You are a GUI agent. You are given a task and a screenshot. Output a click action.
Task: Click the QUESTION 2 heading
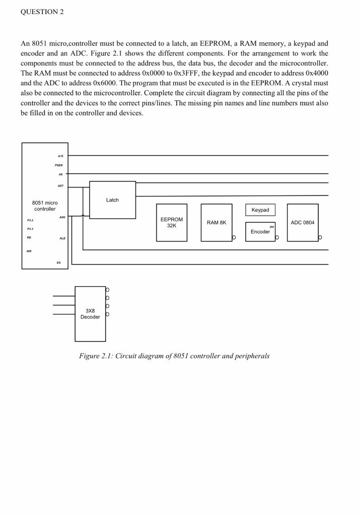tap(42, 12)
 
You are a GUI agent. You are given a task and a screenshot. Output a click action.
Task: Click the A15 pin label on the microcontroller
tap(61, 156)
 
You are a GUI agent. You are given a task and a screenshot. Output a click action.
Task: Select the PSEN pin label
tap(60, 164)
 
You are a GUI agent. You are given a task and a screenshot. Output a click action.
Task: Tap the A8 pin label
tap(61, 173)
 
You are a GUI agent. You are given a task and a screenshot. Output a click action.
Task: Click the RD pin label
tap(29, 238)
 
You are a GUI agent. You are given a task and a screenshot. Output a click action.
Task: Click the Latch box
tap(112, 200)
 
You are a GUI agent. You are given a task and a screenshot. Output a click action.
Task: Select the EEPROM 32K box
tap(172, 222)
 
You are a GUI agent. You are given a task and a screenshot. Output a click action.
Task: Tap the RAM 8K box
tap(217, 222)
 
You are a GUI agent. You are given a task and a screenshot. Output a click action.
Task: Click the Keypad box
tap(260, 210)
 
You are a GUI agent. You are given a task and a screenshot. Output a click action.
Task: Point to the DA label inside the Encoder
tap(272, 227)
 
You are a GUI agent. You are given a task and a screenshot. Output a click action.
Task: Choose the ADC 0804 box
tap(303, 222)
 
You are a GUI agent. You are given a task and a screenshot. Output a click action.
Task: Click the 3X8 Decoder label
tap(90, 313)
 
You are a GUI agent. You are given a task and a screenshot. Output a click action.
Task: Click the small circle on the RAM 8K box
tap(234, 237)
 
